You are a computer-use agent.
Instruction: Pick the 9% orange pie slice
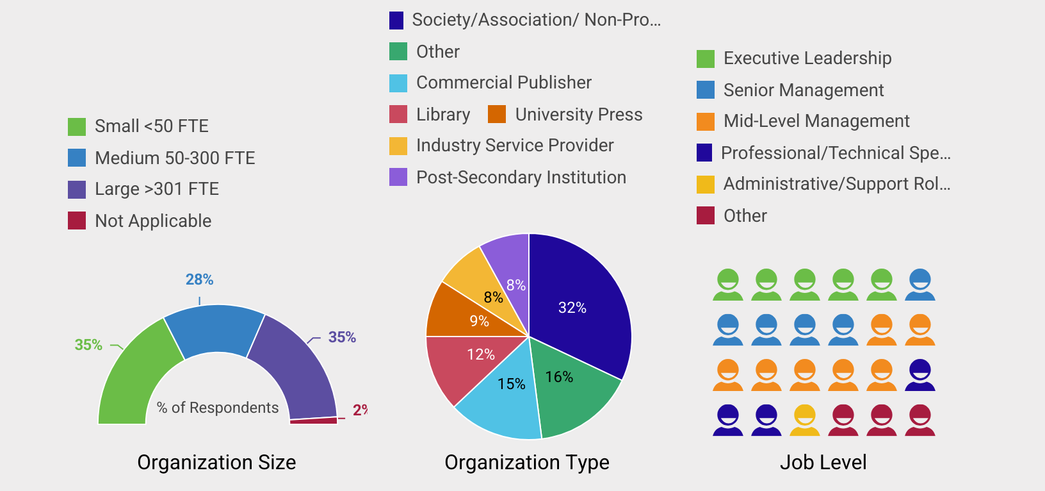(461, 314)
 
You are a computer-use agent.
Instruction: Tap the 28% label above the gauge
(199, 279)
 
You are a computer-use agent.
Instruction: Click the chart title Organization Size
(216, 462)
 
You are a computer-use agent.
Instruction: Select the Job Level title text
(823, 462)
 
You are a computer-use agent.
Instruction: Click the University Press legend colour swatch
(497, 114)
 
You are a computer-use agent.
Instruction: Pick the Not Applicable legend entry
(152, 221)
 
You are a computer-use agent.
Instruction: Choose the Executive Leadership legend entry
(807, 58)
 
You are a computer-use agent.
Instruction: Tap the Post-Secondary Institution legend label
(521, 178)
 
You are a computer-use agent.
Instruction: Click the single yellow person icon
(805, 420)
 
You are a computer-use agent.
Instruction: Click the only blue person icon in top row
(920, 285)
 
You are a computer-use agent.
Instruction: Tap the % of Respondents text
(218, 408)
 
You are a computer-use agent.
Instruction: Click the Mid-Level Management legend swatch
(706, 121)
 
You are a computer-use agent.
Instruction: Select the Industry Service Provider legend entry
(514, 146)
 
